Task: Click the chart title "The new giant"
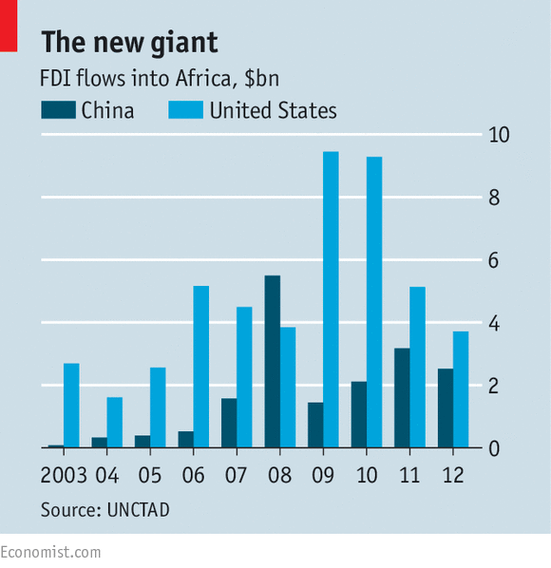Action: click(x=129, y=42)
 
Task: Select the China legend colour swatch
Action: click(x=57, y=111)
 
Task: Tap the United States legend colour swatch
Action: click(x=185, y=111)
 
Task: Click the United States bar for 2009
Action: click(x=331, y=299)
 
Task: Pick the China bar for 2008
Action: click(x=272, y=361)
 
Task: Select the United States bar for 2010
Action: click(x=374, y=302)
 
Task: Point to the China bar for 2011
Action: click(x=402, y=397)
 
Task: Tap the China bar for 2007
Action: click(x=228, y=423)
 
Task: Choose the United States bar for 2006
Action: click(x=201, y=366)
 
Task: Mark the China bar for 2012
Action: click(x=446, y=407)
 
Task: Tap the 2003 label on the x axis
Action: click(x=64, y=474)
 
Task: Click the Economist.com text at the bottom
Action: click(x=50, y=552)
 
